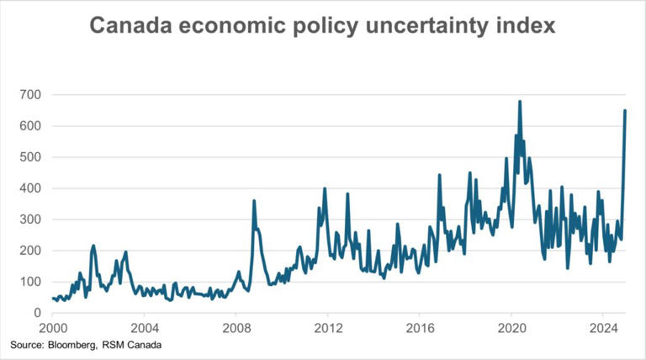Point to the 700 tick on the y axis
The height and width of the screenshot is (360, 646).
(29, 94)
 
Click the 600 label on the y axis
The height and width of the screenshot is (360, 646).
(29, 125)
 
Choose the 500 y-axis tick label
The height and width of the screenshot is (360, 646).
(29, 156)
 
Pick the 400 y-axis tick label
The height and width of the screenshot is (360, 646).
(29, 188)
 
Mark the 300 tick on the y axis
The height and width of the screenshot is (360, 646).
(29, 219)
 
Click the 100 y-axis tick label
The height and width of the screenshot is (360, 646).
(29, 281)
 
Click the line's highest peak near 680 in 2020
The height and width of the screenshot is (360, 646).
(520, 102)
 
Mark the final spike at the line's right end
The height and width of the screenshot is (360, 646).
(624, 111)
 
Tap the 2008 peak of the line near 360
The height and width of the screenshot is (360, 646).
(254, 201)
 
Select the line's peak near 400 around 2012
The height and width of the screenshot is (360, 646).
(325, 188)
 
